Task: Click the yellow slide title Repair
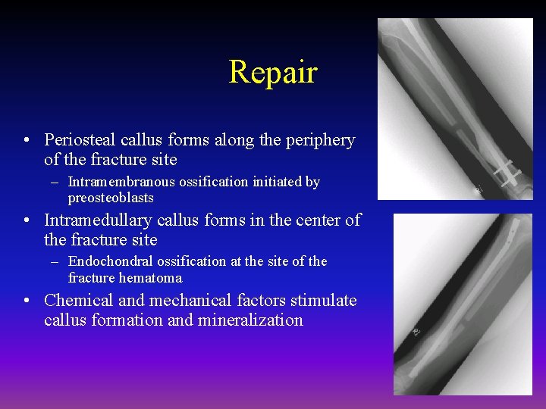(x=272, y=72)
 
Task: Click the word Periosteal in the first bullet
(x=79, y=140)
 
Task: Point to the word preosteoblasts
(x=111, y=198)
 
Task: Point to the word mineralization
(x=250, y=320)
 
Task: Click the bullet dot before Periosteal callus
(x=27, y=141)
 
